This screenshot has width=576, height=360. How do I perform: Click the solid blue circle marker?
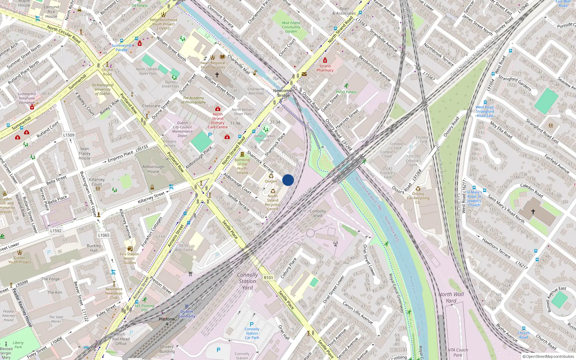(x=288, y=180)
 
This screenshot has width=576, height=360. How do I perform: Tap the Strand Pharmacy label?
(x=325, y=68)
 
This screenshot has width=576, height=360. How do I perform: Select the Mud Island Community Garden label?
(x=291, y=27)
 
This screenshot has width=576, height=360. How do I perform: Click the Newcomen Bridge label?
(x=284, y=93)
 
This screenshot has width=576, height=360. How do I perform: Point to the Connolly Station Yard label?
(x=247, y=281)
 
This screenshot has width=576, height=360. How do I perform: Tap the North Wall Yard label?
(x=451, y=297)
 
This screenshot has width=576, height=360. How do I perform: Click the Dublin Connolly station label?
(x=186, y=314)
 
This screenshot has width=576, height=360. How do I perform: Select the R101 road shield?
(x=268, y=278)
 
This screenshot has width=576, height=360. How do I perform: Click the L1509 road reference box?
(x=69, y=135)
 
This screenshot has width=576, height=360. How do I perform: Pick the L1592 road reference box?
(x=56, y=231)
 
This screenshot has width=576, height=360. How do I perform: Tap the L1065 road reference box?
(x=104, y=235)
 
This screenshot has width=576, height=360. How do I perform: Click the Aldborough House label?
(x=153, y=169)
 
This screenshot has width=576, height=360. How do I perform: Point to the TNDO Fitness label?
(x=346, y=92)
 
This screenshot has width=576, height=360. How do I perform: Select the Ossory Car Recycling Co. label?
(x=418, y=198)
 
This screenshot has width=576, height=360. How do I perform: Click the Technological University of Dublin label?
(x=103, y=89)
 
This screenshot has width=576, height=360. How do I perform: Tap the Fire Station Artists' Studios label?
(x=130, y=258)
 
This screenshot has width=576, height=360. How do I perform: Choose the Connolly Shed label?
(x=318, y=213)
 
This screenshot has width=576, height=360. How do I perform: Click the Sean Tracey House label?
(x=85, y=153)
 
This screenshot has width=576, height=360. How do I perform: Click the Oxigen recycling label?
(x=271, y=181)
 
